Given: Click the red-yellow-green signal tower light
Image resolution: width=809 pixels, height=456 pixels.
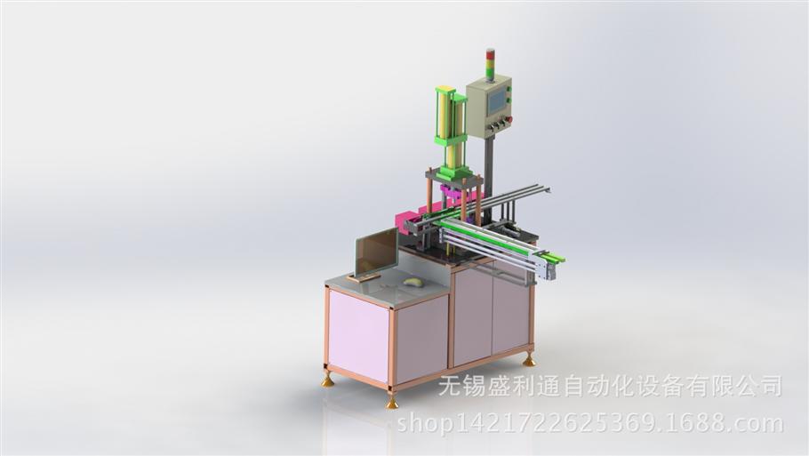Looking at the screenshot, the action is coord(490,65).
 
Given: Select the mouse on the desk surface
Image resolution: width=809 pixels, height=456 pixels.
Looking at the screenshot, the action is coord(413,282).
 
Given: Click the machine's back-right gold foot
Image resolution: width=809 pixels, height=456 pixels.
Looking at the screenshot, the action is coord(528,361).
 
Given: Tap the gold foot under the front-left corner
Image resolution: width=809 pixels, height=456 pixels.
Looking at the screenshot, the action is coord(328,381).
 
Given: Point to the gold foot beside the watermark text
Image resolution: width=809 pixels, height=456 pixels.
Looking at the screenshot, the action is coord(392,403).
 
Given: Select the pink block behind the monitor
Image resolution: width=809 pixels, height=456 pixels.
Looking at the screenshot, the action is coord(406,220).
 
